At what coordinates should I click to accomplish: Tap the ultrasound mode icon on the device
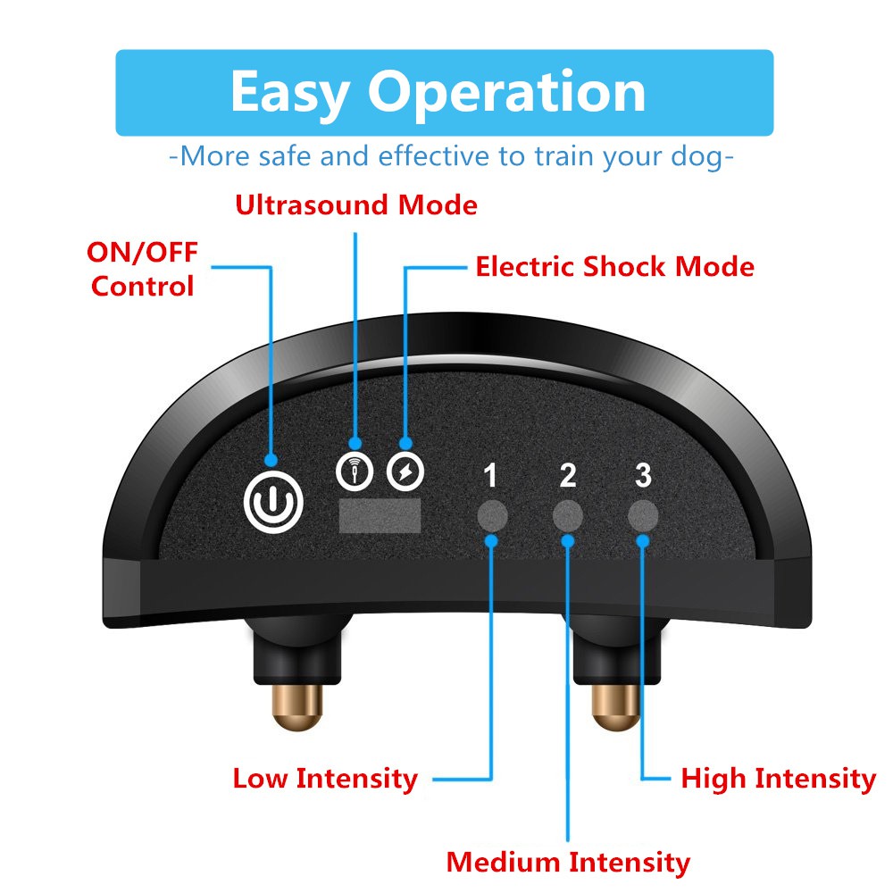pos(355,471)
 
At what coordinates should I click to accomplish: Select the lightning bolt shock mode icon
pos(406,471)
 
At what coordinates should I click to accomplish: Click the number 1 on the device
pos(489,477)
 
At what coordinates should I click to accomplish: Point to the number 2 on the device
pos(568,477)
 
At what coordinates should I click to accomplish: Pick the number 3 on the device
pos(643,476)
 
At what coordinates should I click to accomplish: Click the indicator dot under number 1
pos(491,515)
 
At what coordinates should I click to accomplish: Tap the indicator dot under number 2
pos(568,515)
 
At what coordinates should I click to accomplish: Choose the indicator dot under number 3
pos(643,515)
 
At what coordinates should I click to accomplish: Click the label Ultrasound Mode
pos(355,205)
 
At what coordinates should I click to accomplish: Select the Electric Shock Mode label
pos(614,266)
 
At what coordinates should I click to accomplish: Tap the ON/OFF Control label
pos(142,269)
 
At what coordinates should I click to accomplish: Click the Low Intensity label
pos(325,778)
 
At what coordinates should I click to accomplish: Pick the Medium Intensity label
pos(568,863)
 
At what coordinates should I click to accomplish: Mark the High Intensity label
pos(778,778)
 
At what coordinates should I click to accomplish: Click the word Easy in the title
pos(290,92)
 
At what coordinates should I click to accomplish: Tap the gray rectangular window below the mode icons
pos(380,516)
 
